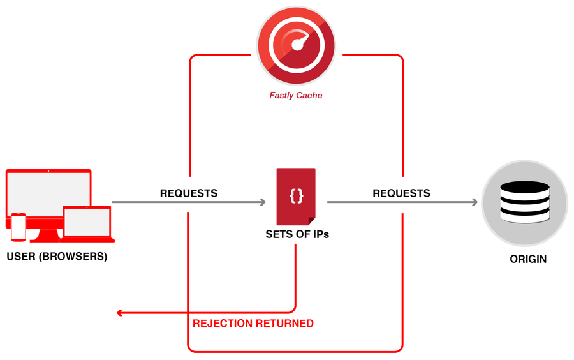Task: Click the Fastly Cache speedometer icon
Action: (x=296, y=45)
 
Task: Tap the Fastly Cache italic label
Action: (x=296, y=96)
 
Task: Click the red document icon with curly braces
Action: (x=296, y=197)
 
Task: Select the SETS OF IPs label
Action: (x=297, y=234)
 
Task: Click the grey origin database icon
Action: (x=525, y=203)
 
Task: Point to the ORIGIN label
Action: (x=528, y=259)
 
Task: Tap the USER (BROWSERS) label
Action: (x=57, y=257)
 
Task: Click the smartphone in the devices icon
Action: (x=18, y=227)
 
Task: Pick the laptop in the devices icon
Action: (x=87, y=224)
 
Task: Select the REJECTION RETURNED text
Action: (x=253, y=324)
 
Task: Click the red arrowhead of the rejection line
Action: (x=119, y=313)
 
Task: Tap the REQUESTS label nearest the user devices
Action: (x=189, y=193)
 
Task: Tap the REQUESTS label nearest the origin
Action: (x=401, y=193)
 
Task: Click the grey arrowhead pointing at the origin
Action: (x=475, y=202)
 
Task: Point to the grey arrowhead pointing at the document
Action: (x=263, y=202)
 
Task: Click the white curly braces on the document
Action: (x=296, y=196)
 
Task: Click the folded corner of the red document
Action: (x=311, y=221)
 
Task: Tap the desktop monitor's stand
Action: (x=45, y=235)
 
